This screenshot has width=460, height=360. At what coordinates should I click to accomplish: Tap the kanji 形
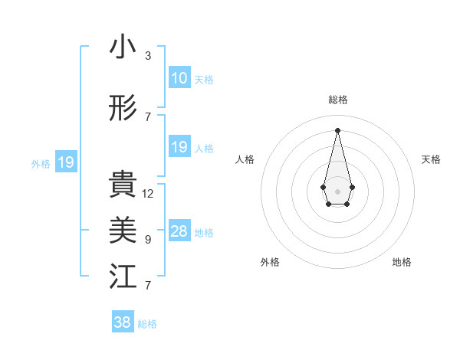click(x=123, y=109)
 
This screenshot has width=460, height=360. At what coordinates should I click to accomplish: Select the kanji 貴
click(x=123, y=185)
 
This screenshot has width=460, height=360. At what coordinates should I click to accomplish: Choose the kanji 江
click(x=123, y=277)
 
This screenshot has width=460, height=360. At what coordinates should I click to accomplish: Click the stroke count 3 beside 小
click(x=148, y=56)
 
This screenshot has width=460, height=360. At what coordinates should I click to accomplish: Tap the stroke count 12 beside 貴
click(x=148, y=194)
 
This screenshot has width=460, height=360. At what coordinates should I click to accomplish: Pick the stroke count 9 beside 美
click(x=148, y=240)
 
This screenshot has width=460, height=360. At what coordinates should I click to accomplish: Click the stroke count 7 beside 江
click(x=148, y=286)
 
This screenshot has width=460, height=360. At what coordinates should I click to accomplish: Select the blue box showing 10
click(x=179, y=78)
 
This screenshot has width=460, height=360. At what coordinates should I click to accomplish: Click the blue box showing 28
click(x=179, y=231)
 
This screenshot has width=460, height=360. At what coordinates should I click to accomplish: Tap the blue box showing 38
click(x=122, y=322)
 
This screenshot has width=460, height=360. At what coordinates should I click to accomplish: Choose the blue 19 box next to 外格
click(x=65, y=162)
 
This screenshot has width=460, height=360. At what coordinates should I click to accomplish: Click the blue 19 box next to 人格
click(x=179, y=147)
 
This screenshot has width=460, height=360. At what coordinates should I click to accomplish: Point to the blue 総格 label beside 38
click(x=147, y=324)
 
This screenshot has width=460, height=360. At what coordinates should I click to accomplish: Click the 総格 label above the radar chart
click(x=337, y=100)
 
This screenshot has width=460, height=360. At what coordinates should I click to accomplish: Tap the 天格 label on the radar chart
click(x=431, y=159)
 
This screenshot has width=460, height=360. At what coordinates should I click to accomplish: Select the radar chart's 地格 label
click(x=402, y=262)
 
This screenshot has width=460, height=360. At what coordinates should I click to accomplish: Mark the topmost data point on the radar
click(x=337, y=129)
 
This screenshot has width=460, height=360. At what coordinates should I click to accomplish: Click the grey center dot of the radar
click(x=337, y=190)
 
